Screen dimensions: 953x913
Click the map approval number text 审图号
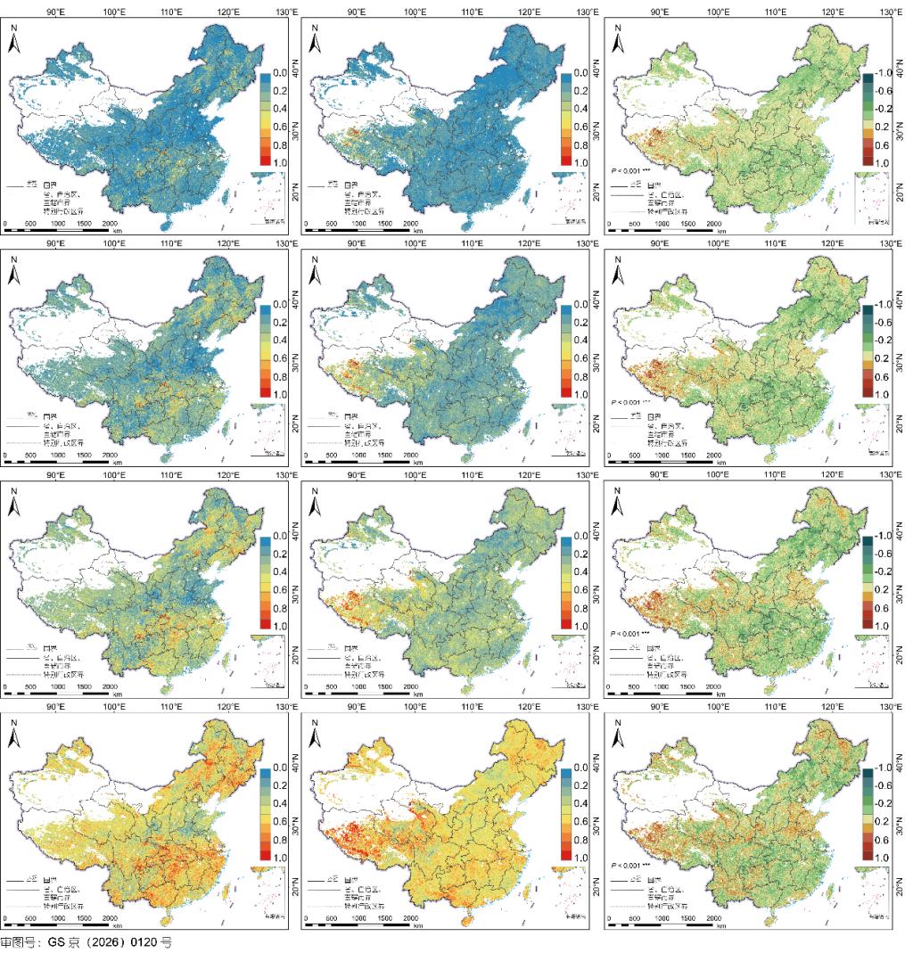click(17, 942)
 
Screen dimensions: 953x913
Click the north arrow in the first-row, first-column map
click(15, 36)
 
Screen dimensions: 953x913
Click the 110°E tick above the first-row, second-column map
click(472, 11)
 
